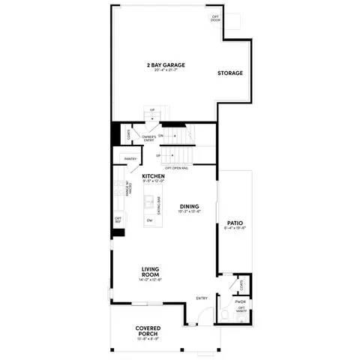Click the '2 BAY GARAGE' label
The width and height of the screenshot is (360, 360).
pyautogui.click(x=166, y=65)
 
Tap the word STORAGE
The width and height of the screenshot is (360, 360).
pyautogui.click(x=229, y=73)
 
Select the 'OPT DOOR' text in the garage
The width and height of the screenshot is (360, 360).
pyautogui.click(x=216, y=18)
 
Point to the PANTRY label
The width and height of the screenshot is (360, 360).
pyautogui.click(x=130, y=159)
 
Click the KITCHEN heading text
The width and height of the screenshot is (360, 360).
pyautogui.click(x=153, y=176)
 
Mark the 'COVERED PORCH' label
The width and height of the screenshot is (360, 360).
pyautogui.click(x=150, y=330)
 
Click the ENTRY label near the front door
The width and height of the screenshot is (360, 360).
pyautogui.click(x=202, y=298)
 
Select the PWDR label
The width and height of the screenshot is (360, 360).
pyautogui.click(x=240, y=302)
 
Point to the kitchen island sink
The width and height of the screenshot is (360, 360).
pyautogui.click(x=150, y=202)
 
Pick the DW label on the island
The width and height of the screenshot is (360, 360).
pyautogui.click(x=150, y=220)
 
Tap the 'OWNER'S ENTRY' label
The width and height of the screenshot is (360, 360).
pyautogui.click(x=149, y=137)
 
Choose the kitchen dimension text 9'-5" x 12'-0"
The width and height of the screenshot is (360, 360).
pyautogui.click(x=153, y=182)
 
